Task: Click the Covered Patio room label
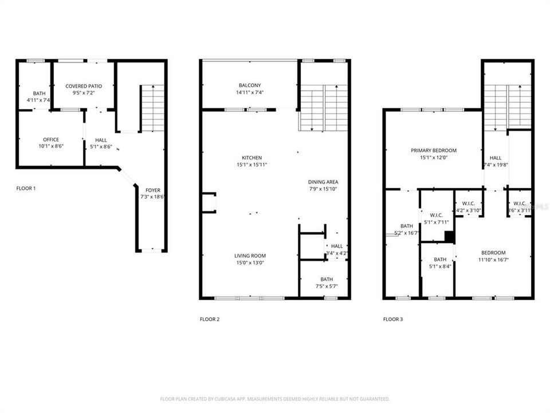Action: point(84,86)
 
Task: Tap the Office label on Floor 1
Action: point(51,139)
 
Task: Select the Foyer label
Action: point(152,190)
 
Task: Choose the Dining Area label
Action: point(323,182)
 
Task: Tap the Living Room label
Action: point(250,256)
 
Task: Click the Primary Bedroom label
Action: point(433,150)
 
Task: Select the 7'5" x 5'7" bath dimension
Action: point(327,270)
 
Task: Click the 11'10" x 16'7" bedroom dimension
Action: point(493,260)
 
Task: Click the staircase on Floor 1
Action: point(153,108)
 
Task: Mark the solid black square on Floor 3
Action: point(450,237)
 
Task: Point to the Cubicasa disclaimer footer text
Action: point(274,399)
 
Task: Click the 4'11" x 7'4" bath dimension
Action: point(39,100)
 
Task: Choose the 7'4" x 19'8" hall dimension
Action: point(496,165)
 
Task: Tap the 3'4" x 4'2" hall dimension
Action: point(337,253)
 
